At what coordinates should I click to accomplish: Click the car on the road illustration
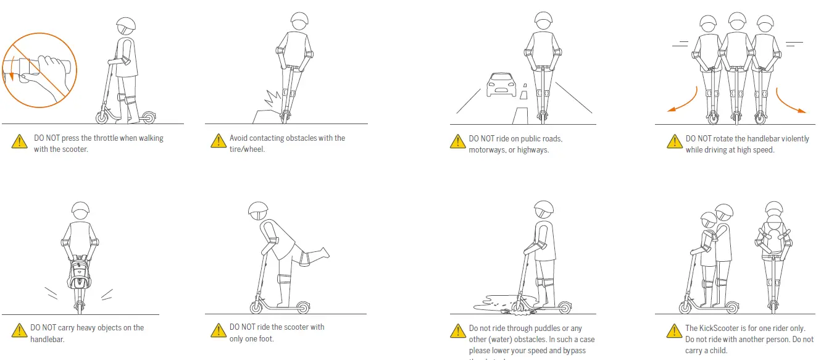click(x=499, y=85)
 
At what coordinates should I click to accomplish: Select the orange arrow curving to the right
click(x=791, y=103)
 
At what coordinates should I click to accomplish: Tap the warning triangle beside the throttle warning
click(x=19, y=142)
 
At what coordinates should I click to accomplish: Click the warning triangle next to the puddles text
click(x=457, y=332)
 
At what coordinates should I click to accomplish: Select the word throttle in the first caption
click(x=99, y=138)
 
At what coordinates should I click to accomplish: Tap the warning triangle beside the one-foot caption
click(x=219, y=331)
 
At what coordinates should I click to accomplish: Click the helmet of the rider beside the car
click(x=543, y=19)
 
